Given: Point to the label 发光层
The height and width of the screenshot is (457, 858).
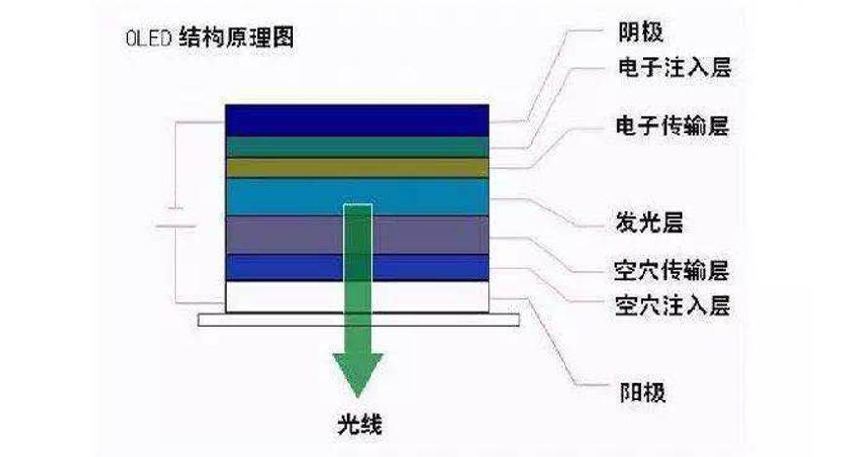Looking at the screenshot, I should (x=650, y=222).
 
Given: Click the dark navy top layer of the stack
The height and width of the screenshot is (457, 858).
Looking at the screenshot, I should (x=292, y=119).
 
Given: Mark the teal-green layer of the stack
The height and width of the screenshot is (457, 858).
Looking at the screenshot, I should (x=292, y=146).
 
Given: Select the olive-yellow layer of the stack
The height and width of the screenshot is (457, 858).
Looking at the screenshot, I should (x=292, y=168).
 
